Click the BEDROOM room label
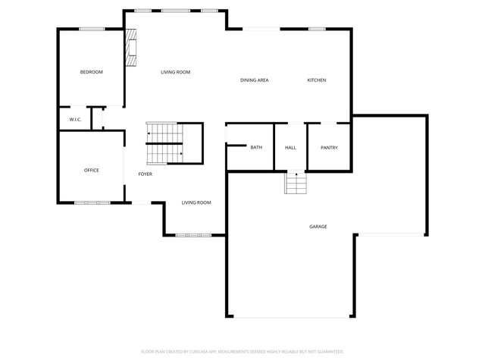click(x=91, y=72)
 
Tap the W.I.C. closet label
click(x=75, y=120)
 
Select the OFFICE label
click(x=92, y=170)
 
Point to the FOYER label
click(x=145, y=174)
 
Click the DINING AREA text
click(x=255, y=80)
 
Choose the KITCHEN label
click(x=317, y=80)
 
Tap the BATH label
click(x=256, y=147)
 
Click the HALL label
click(x=290, y=148)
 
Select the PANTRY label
click(x=329, y=148)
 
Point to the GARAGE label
click(x=318, y=227)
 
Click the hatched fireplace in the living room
click(x=131, y=47)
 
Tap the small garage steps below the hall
click(x=296, y=183)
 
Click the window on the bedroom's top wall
click(x=92, y=29)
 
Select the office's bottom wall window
click(x=92, y=202)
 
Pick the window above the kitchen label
click(x=317, y=29)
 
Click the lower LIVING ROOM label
click(x=196, y=202)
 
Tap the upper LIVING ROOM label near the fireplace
click(x=175, y=72)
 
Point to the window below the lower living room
click(x=193, y=235)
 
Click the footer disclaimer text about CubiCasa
click(x=242, y=352)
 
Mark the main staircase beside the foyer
click(x=164, y=143)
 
